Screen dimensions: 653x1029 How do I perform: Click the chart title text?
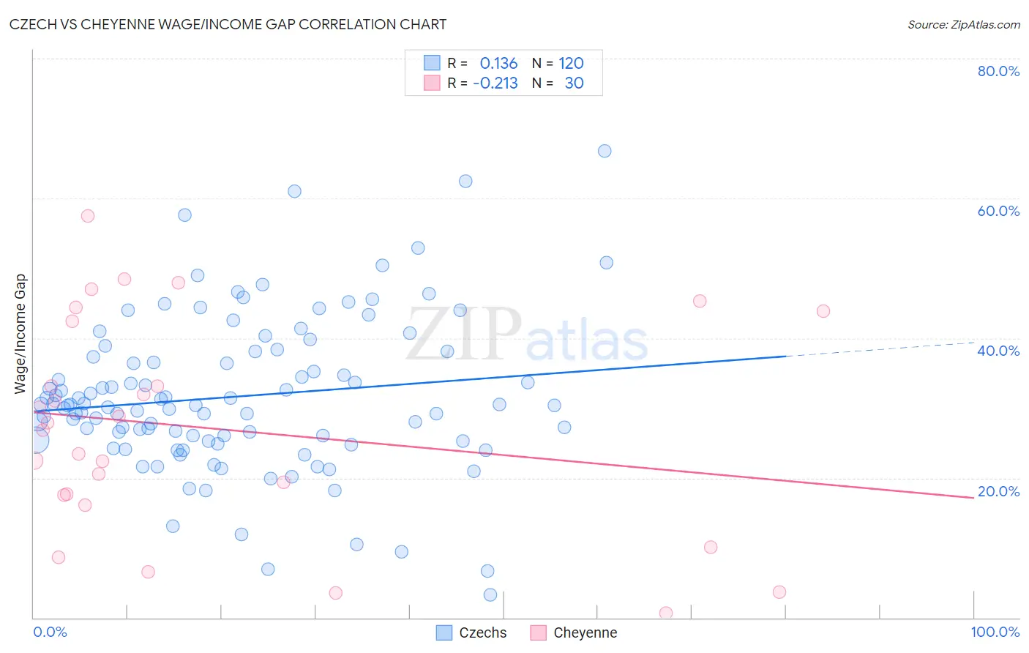pyautogui.click(x=228, y=24)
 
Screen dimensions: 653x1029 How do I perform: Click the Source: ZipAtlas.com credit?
pyautogui.click(x=963, y=25)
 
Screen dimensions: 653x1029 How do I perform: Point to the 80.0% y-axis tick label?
pyautogui.click(x=998, y=71)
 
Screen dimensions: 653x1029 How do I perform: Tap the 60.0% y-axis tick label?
pyautogui.click(x=998, y=211)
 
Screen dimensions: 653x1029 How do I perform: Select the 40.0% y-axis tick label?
pyautogui.click(x=998, y=351)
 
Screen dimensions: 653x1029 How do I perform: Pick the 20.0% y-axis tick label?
pyautogui.click(x=998, y=491)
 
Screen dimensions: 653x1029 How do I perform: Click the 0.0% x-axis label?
pyautogui.click(x=50, y=632)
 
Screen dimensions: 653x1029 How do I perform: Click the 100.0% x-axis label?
pyautogui.click(x=995, y=632)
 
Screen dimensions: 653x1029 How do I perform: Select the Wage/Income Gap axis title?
pyautogui.click(x=20, y=334)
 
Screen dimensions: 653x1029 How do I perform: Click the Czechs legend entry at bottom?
pyautogui.click(x=472, y=633)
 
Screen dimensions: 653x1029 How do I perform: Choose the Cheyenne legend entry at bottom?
pyautogui.click(x=575, y=633)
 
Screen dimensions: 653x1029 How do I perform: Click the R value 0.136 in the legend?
pyautogui.click(x=498, y=64)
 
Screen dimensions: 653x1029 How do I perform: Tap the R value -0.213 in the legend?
pyautogui.click(x=495, y=83)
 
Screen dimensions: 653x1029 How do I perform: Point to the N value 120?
pyautogui.click(x=571, y=64)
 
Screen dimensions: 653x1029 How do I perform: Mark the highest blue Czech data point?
pyautogui.click(x=605, y=151)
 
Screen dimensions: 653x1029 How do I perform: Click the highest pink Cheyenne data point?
pyautogui.click(x=88, y=216)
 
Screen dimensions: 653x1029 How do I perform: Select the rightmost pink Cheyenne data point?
pyautogui.click(x=823, y=311)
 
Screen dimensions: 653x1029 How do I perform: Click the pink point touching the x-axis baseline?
pyautogui.click(x=666, y=613)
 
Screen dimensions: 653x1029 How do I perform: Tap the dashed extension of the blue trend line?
pyautogui.click(x=878, y=349)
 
